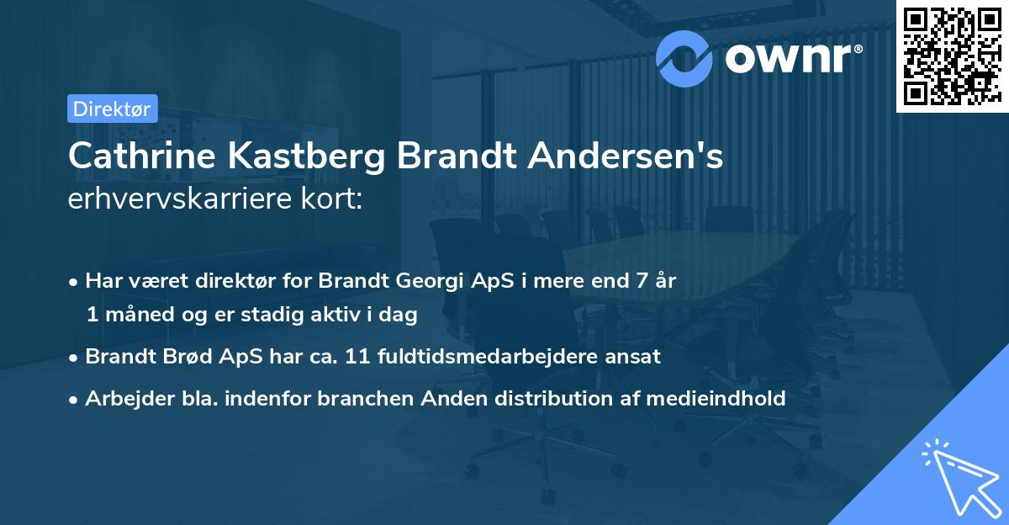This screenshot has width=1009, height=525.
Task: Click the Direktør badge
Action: point(111,109)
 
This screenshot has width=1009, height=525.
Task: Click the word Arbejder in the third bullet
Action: point(123,398)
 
